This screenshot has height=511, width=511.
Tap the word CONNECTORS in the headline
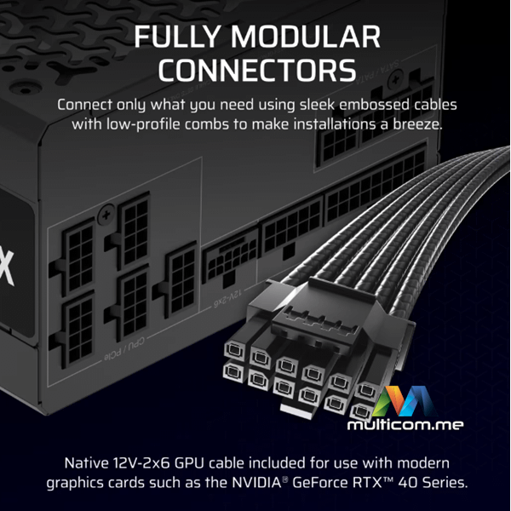255,71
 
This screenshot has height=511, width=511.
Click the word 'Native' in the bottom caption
88,465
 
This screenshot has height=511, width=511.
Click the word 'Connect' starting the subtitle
83,105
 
